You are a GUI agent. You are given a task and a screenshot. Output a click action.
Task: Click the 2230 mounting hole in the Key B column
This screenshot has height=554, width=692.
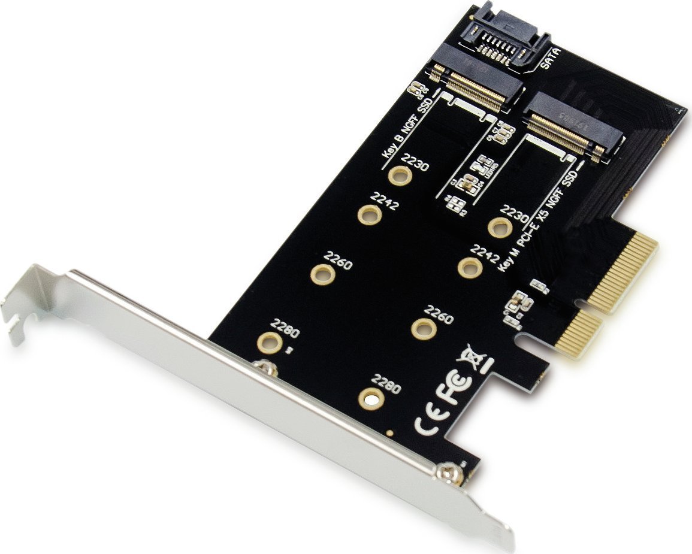coord(399,175)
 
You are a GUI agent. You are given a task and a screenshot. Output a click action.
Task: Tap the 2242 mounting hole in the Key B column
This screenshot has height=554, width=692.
coord(369,214)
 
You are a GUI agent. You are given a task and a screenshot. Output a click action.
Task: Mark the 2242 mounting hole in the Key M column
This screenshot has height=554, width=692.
coord(470,266)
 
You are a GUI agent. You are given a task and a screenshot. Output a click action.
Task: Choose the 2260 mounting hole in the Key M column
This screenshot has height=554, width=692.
coord(424,327)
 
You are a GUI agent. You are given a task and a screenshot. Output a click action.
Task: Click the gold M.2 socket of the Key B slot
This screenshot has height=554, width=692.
coord(473,89)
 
